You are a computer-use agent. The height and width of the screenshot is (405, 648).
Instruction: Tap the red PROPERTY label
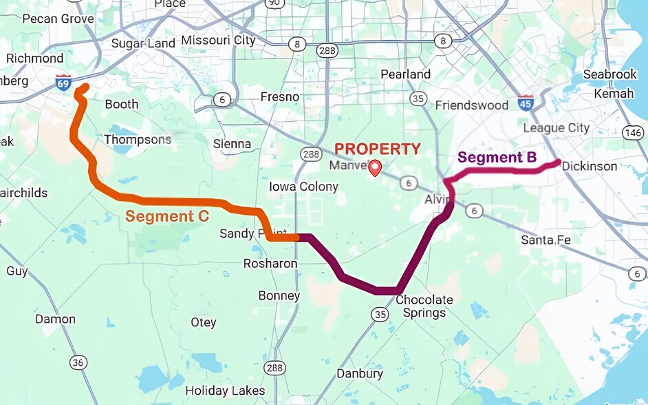click(377, 149)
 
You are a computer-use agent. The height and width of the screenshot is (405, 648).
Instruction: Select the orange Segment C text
click(167, 216)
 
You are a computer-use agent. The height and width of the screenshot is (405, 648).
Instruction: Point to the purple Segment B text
click(497, 157)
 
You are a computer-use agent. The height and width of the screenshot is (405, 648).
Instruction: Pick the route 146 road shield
click(634, 132)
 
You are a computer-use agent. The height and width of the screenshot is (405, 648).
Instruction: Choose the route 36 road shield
click(78, 362)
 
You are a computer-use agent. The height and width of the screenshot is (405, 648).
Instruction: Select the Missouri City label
click(218, 40)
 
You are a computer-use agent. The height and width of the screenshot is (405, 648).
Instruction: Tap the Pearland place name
click(405, 74)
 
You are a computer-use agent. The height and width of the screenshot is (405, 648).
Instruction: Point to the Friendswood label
click(472, 105)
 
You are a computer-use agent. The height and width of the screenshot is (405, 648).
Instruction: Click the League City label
click(556, 127)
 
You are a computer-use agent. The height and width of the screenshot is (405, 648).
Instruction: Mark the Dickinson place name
click(590, 166)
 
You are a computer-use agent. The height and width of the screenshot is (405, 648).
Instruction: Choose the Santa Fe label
click(546, 240)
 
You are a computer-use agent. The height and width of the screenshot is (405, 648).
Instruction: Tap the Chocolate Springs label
click(424, 307)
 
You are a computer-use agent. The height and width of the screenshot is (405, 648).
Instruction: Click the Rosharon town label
click(270, 264)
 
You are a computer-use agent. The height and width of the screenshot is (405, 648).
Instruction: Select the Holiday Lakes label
click(225, 391)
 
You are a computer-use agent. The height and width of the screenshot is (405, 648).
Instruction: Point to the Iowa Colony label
click(303, 187)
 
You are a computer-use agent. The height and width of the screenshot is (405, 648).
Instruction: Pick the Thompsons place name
click(138, 139)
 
